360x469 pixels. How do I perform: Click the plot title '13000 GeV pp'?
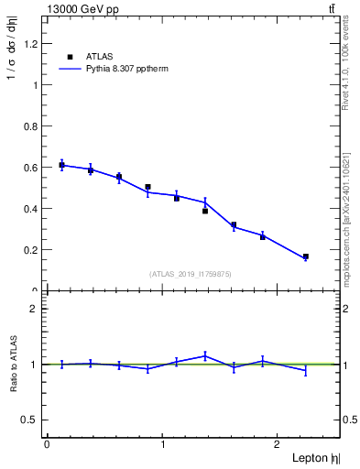82,9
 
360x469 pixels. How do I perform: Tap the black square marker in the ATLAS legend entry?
71,56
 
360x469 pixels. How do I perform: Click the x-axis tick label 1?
163,444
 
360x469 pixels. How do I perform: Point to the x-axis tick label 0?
47,444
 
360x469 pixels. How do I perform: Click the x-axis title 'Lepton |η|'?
314,457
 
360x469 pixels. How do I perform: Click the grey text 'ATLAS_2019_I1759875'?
191,274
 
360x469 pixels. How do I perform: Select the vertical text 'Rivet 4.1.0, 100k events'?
346,64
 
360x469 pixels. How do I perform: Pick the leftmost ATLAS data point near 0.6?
61,165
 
